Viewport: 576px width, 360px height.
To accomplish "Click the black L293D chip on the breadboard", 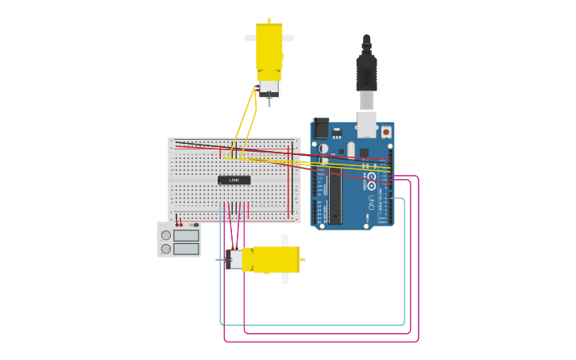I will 234,180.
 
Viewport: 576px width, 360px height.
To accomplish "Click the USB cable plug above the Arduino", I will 366,72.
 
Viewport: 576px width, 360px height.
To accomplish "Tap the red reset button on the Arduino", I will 386,132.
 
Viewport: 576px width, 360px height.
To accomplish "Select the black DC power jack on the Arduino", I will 321,128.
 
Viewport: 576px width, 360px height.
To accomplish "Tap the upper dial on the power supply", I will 166,235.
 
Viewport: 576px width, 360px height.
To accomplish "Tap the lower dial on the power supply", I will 166,249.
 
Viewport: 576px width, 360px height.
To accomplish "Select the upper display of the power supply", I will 186,235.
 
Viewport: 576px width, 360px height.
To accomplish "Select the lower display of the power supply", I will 186,249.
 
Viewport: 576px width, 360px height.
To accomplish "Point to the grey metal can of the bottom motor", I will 234,259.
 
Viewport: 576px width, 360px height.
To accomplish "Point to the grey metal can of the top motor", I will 269,87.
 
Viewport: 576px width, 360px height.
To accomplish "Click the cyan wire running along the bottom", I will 310,324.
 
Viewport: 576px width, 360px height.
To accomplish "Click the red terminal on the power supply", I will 179,224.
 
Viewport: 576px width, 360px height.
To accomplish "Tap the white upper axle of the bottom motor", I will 284,240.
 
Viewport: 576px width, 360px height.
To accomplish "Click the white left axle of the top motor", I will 249,37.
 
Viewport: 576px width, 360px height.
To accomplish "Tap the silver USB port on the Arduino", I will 366,123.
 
